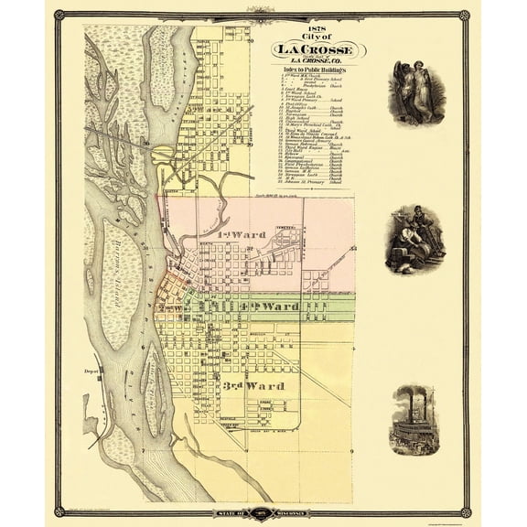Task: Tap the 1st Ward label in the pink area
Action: (242, 235)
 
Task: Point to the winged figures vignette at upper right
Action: (416, 92)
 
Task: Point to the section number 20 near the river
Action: (145, 143)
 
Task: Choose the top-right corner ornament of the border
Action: (465, 15)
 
